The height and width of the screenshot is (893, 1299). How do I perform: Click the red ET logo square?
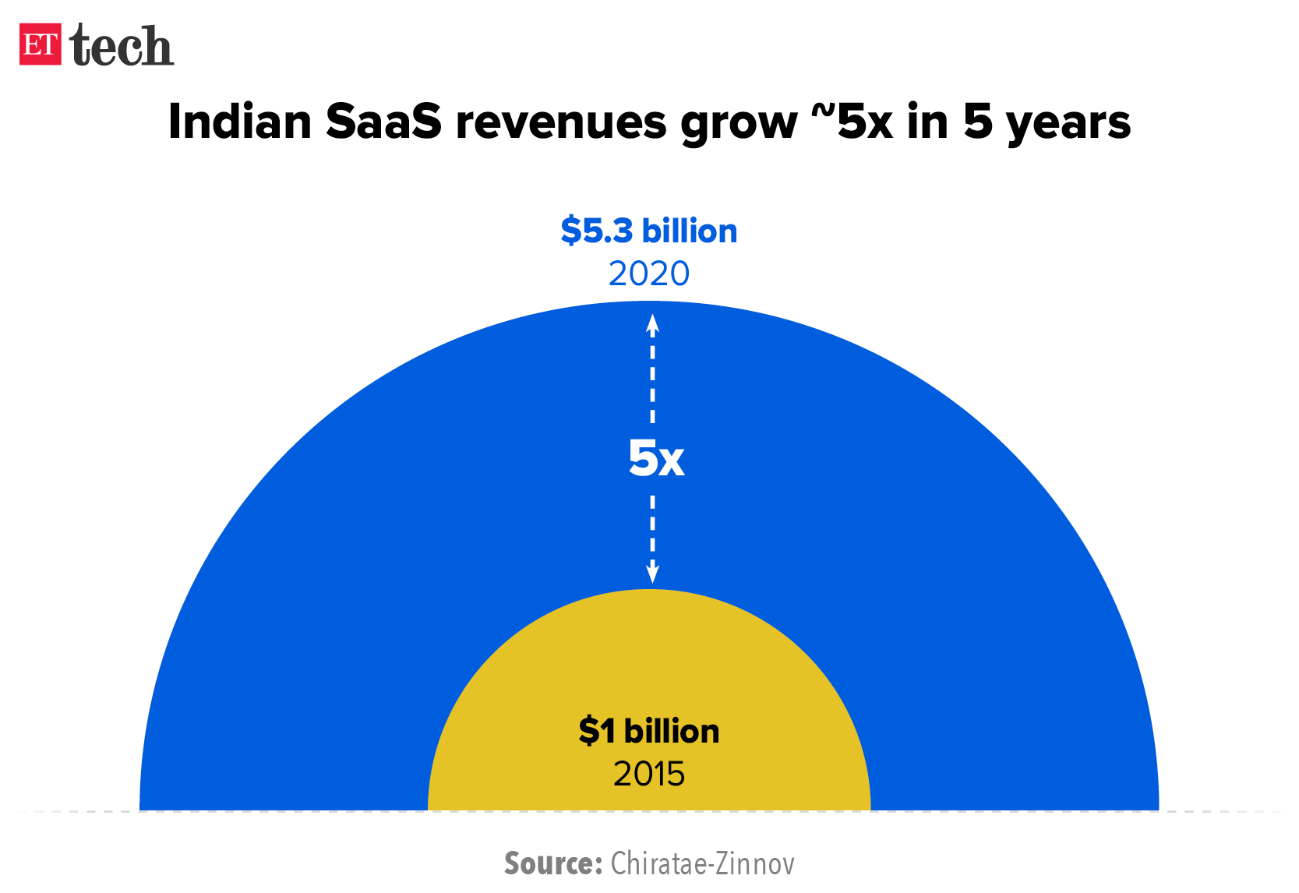pyautogui.click(x=40, y=44)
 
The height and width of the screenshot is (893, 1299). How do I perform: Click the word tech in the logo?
pyautogui.click(x=122, y=46)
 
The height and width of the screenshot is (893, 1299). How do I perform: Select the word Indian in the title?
pyautogui.click(x=239, y=122)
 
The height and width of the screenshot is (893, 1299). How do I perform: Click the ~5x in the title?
pyautogui.click(x=852, y=122)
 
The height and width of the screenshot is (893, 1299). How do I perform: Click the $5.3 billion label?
pyautogui.click(x=648, y=231)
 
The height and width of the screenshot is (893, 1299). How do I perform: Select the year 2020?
pyautogui.click(x=648, y=274)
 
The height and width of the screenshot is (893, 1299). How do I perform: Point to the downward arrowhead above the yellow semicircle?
pyautogui.click(x=652, y=574)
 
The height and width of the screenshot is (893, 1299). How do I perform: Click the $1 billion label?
pyautogui.click(x=648, y=731)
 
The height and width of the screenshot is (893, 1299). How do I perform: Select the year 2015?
pyautogui.click(x=648, y=774)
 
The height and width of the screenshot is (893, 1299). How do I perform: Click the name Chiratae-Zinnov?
pyautogui.click(x=702, y=863)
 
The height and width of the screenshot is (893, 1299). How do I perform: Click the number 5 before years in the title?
pyautogui.click(x=979, y=122)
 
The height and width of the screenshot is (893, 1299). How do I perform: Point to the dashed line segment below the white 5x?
pyautogui.click(x=652, y=530)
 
